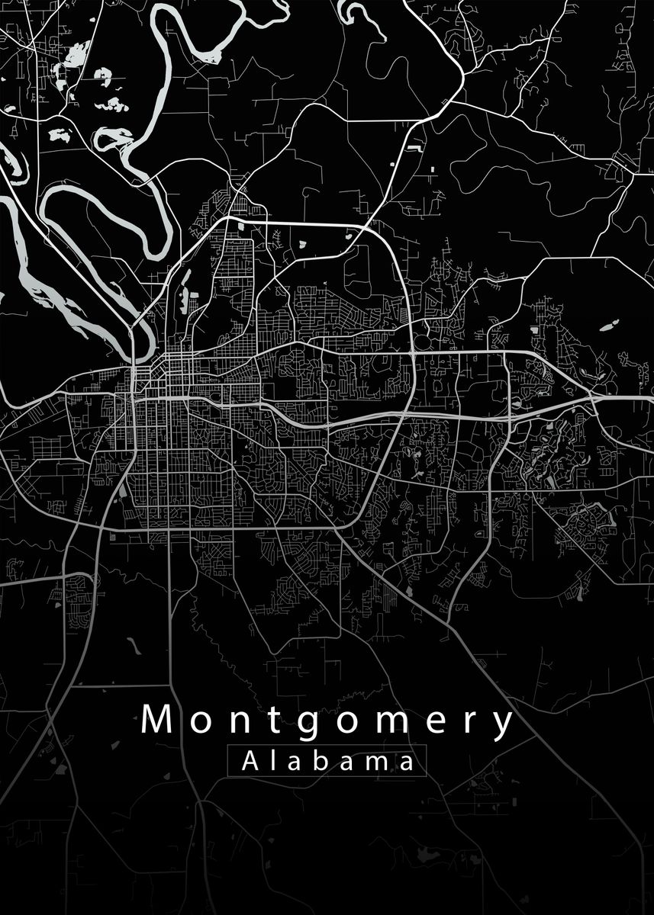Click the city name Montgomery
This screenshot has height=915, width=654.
pyautogui.click(x=327, y=721)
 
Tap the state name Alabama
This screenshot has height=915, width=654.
pyautogui.click(x=327, y=761)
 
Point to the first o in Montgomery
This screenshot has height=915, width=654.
pyautogui.click(x=195, y=724)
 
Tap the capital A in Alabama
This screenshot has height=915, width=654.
pyautogui.click(x=250, y=760)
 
